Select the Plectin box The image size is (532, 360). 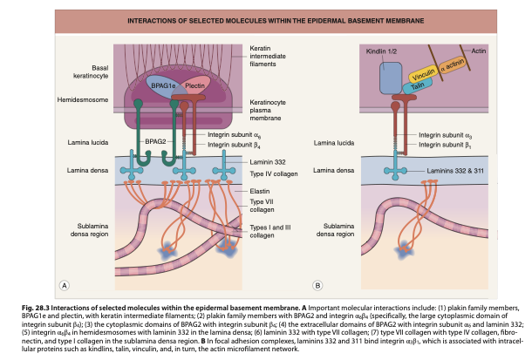(x=194, y=87)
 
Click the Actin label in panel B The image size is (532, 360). (x=479, y=51)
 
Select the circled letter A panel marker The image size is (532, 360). (x=64, y=284)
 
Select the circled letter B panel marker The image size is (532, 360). (x=317, y=284)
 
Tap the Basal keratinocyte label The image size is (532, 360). (x=99, y=70)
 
